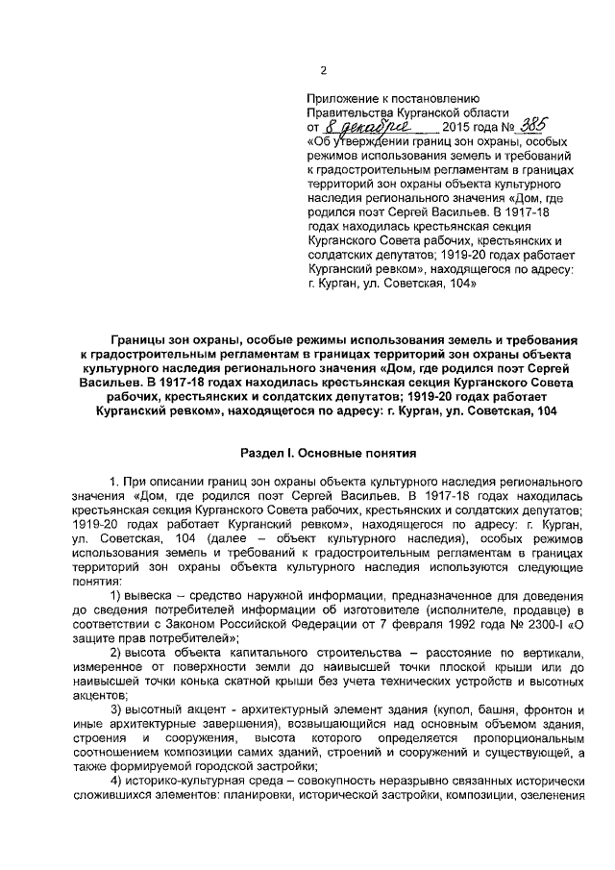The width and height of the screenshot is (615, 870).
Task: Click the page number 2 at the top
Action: (323, 69)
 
